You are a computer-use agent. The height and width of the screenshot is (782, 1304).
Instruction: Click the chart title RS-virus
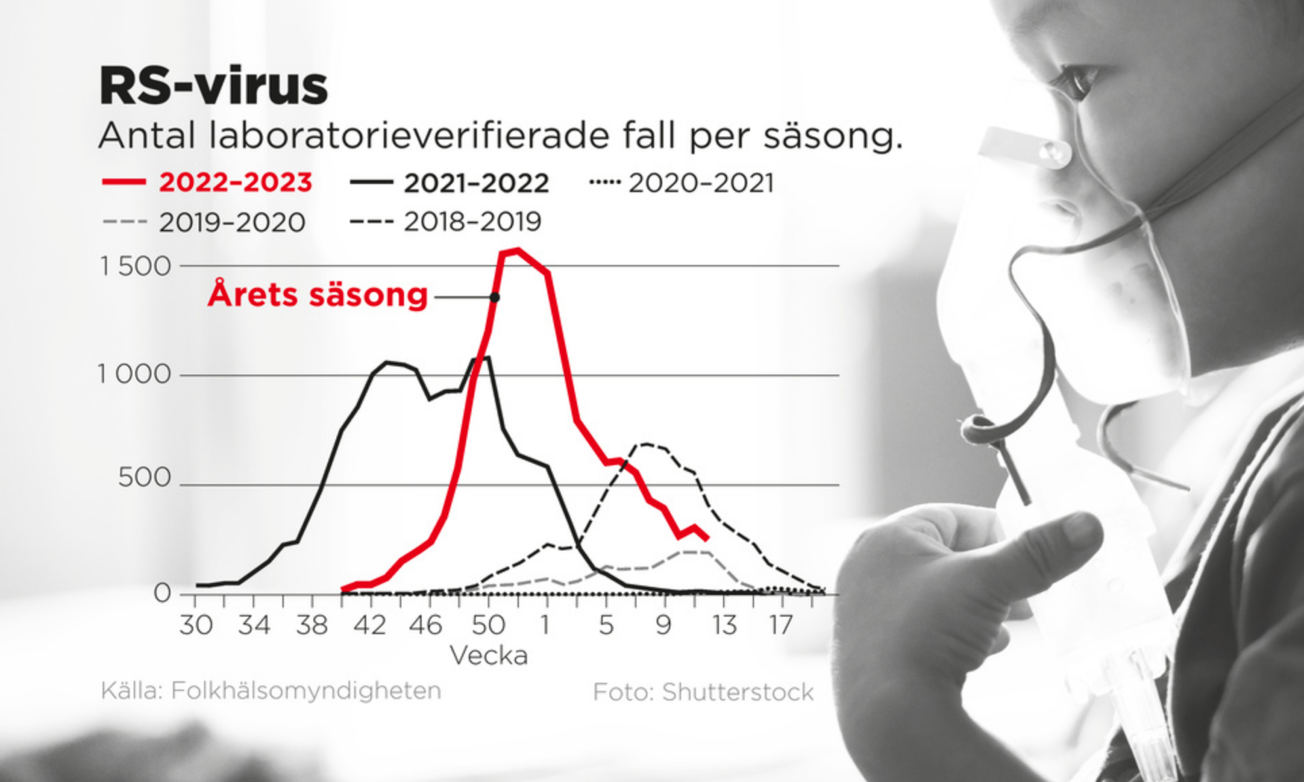pos(214,87)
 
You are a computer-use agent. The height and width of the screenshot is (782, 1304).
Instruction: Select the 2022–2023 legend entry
pos(207,183)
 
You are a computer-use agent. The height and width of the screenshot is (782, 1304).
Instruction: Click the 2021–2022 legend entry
pos(450,183)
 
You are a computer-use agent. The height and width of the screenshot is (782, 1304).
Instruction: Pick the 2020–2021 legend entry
pos(681,183)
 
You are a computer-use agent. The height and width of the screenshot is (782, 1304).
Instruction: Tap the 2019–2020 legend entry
pos(204,222)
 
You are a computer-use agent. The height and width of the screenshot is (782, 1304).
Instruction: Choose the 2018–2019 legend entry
pos(446,221)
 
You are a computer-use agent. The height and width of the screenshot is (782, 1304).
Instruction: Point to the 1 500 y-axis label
pos(136,266)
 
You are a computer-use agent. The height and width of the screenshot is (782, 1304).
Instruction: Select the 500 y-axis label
pos(145,478)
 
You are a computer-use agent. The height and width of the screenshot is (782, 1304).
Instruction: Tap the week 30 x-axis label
pos(196,625)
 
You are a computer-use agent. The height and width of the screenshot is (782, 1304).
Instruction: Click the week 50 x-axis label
pos(488,625)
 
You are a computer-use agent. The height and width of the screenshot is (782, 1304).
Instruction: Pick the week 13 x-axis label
pos(724,625)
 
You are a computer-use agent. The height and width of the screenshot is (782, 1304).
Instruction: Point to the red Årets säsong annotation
pos(318,295)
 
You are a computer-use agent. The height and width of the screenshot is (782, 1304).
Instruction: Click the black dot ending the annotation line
pos(495,298)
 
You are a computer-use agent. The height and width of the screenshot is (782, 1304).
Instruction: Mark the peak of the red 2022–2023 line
pos(518,251)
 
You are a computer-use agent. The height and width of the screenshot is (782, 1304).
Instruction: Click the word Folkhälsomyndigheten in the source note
pos(306,690)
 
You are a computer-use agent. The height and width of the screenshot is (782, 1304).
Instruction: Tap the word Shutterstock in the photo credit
pos(738,692)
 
